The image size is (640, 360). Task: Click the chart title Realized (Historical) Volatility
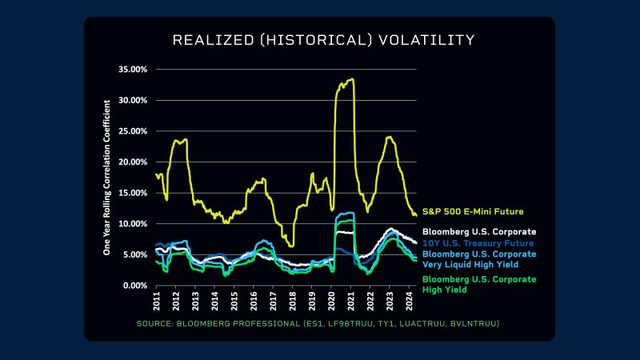(x=324, y=40)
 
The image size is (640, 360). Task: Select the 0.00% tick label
(x=134, y=286)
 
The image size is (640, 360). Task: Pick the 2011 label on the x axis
(x=157, y=302)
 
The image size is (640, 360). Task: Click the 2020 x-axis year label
(x=332, y=302)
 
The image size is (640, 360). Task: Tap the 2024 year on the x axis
(x=410, y=302)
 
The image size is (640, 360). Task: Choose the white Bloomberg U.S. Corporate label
(x=478, y=232)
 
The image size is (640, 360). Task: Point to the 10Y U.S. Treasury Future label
(x=478, y=242)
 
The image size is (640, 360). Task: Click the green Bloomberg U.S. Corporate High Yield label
(x=478, y=284)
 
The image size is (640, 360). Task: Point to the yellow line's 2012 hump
(x=181, y=141)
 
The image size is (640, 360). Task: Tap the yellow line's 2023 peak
(x=390, y=137)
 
